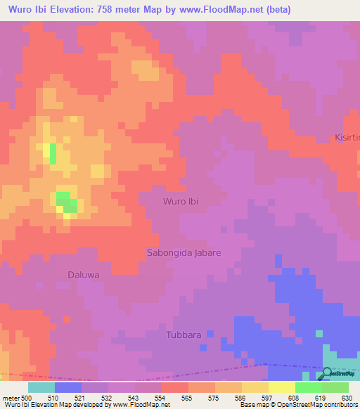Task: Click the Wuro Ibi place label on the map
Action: (x=180, y=202)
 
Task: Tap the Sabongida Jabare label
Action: (x=184, y=252)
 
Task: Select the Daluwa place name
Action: (x=83, y=275)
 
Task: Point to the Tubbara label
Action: (x=184, y=335)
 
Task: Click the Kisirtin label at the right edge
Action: (x=347, y=138)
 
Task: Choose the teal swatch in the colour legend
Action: (x=41, y=387)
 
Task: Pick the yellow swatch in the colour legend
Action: (x=281, y=387)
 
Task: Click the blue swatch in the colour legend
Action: (x=67, y=387)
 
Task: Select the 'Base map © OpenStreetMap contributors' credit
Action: (x=297, y=405)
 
